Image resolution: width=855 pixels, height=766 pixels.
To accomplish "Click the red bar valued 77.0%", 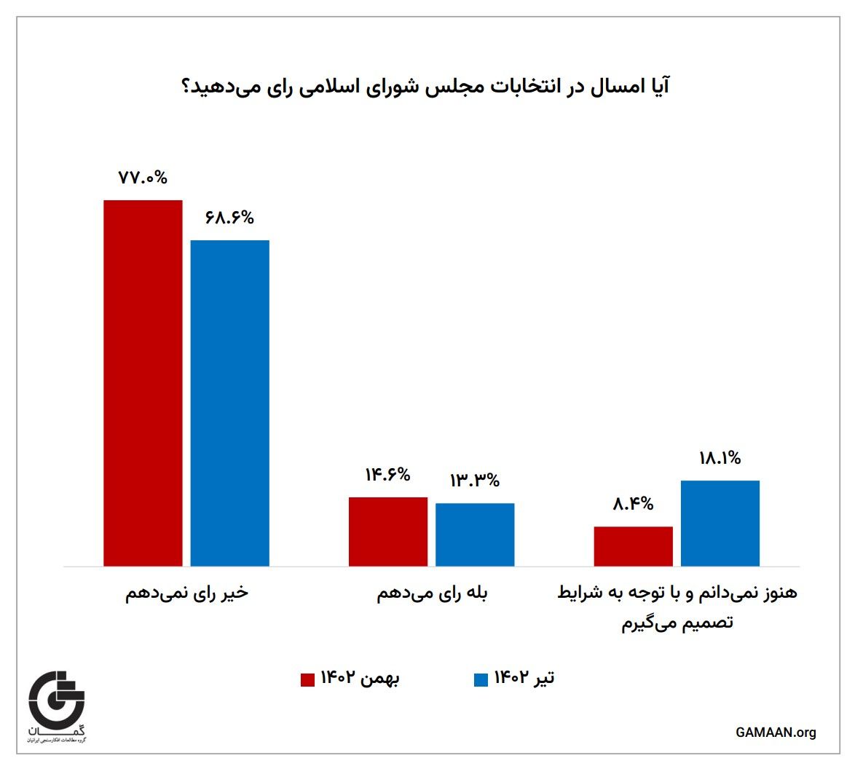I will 143,383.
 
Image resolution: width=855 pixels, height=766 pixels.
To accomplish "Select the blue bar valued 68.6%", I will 230,403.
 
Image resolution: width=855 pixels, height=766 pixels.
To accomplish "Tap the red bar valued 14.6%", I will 388,532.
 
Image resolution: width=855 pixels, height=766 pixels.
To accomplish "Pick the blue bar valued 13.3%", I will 475,534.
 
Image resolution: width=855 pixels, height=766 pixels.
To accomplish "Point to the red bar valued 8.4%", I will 634,546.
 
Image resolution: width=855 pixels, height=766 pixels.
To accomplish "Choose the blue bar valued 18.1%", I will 720,523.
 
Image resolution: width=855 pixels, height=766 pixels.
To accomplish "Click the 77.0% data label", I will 143,177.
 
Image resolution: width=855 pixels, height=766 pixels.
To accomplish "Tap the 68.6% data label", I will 229,217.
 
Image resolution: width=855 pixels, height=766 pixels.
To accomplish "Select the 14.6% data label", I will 388,475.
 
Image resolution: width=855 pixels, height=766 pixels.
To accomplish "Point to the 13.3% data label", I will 475,481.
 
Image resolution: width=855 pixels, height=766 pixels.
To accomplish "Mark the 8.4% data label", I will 633,503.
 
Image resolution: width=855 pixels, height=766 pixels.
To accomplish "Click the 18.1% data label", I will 720,458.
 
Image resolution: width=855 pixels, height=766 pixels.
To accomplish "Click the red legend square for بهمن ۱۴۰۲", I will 307,679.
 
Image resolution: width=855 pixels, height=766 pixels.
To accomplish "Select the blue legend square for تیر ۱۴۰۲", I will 481,679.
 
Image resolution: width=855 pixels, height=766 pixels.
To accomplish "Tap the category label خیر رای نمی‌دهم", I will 187,593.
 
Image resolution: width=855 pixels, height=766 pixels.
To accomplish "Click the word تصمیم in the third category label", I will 707,624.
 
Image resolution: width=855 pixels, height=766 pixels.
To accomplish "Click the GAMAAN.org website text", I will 776,733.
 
